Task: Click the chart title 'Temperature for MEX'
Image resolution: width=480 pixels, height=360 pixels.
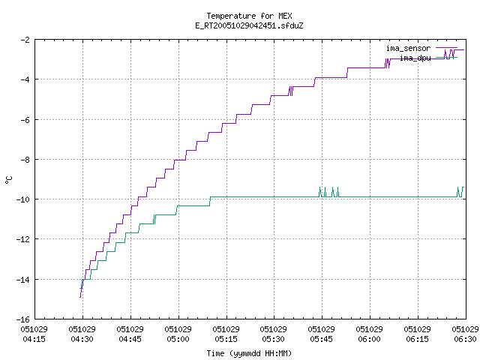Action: point(249,16)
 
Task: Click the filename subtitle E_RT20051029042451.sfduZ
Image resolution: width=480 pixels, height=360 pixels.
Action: point(249,25)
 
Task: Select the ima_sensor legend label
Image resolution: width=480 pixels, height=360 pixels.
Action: point(408,48)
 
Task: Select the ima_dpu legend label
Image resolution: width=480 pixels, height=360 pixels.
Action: point(415,58)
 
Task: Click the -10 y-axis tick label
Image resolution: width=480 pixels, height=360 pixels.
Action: point(23,199)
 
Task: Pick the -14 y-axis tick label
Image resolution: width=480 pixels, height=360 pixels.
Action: point(23,280)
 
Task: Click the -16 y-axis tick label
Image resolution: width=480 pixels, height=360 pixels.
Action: point(23,319)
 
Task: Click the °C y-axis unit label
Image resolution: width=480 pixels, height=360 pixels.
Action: point(8,180)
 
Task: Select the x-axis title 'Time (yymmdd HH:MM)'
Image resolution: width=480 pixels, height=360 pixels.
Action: point(249,353)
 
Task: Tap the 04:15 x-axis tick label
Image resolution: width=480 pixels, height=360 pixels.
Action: point(34,339)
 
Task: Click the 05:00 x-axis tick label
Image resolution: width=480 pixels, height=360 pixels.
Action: point(178,339)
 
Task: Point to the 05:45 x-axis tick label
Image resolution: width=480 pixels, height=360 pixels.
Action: point(322,339)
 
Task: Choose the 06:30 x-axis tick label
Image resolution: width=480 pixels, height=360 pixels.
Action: point(465,339)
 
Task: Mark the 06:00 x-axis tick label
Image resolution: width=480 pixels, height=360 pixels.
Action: point(370,339)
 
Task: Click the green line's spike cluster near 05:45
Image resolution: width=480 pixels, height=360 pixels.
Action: point(328,192)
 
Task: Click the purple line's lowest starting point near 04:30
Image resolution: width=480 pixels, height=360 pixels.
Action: point(80,297)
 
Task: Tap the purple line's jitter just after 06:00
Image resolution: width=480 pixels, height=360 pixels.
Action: point(388,63)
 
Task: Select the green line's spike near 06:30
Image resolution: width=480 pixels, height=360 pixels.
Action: point(460,192)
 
